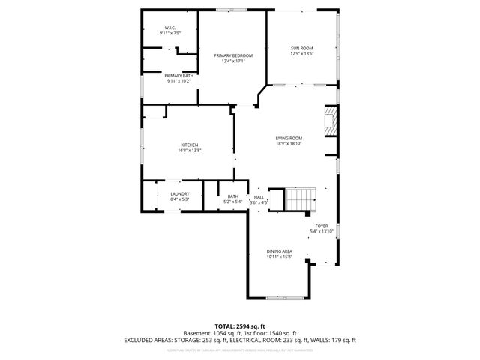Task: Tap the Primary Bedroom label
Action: tap(232, 55)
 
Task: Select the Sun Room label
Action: tap(301, 48)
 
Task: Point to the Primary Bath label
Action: tap(169, 75)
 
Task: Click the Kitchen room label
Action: tap(189, 145)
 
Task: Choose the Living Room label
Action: tap(289, 138)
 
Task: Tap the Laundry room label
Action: tap(169, 193)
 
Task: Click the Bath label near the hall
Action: tap(233, 196)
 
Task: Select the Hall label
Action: tap(259, 196)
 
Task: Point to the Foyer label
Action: tap(321, 226)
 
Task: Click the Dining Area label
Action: tap(279, 251)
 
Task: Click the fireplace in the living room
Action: tap(330, 121)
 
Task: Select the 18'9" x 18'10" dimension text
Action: tap(289, 144)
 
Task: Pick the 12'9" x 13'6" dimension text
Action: tap(301, 54)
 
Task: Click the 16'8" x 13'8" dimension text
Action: tap(189, 151)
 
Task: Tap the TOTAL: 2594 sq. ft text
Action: tap(240, 326)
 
